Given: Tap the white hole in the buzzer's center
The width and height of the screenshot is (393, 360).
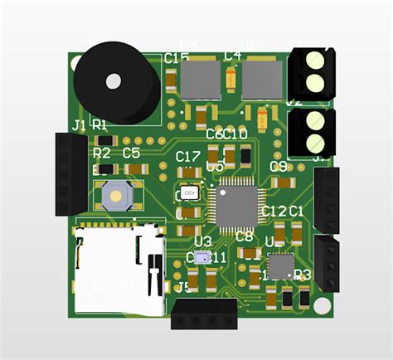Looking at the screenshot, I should coord(114,80).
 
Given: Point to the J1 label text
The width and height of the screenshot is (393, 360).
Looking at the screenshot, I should coord(80,125).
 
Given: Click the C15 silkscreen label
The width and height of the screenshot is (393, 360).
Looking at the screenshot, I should coord(177,58).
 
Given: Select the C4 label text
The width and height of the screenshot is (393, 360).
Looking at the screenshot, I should coord(233,56).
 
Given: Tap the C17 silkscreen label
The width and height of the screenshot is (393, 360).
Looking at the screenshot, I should coord(188,157).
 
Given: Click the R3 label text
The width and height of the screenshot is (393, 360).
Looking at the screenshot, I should coord(302,275).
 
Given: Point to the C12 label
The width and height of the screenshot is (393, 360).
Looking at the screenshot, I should coord(273,212).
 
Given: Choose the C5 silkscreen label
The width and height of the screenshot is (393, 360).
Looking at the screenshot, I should coord(131,153).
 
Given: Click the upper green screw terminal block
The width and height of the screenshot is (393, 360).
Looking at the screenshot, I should coord(313,71).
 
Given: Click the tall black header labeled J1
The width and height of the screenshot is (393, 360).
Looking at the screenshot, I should coord(71,173).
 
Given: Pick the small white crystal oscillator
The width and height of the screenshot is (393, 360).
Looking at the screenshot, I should coord(189,193).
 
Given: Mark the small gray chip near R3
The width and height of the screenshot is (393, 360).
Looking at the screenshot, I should coord(280,265).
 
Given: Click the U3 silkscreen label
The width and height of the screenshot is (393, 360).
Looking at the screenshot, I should coord(202,241).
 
